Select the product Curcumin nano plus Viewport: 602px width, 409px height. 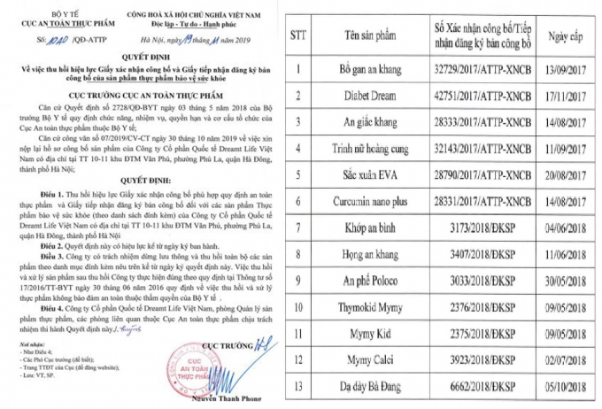(x=392, y=201)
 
